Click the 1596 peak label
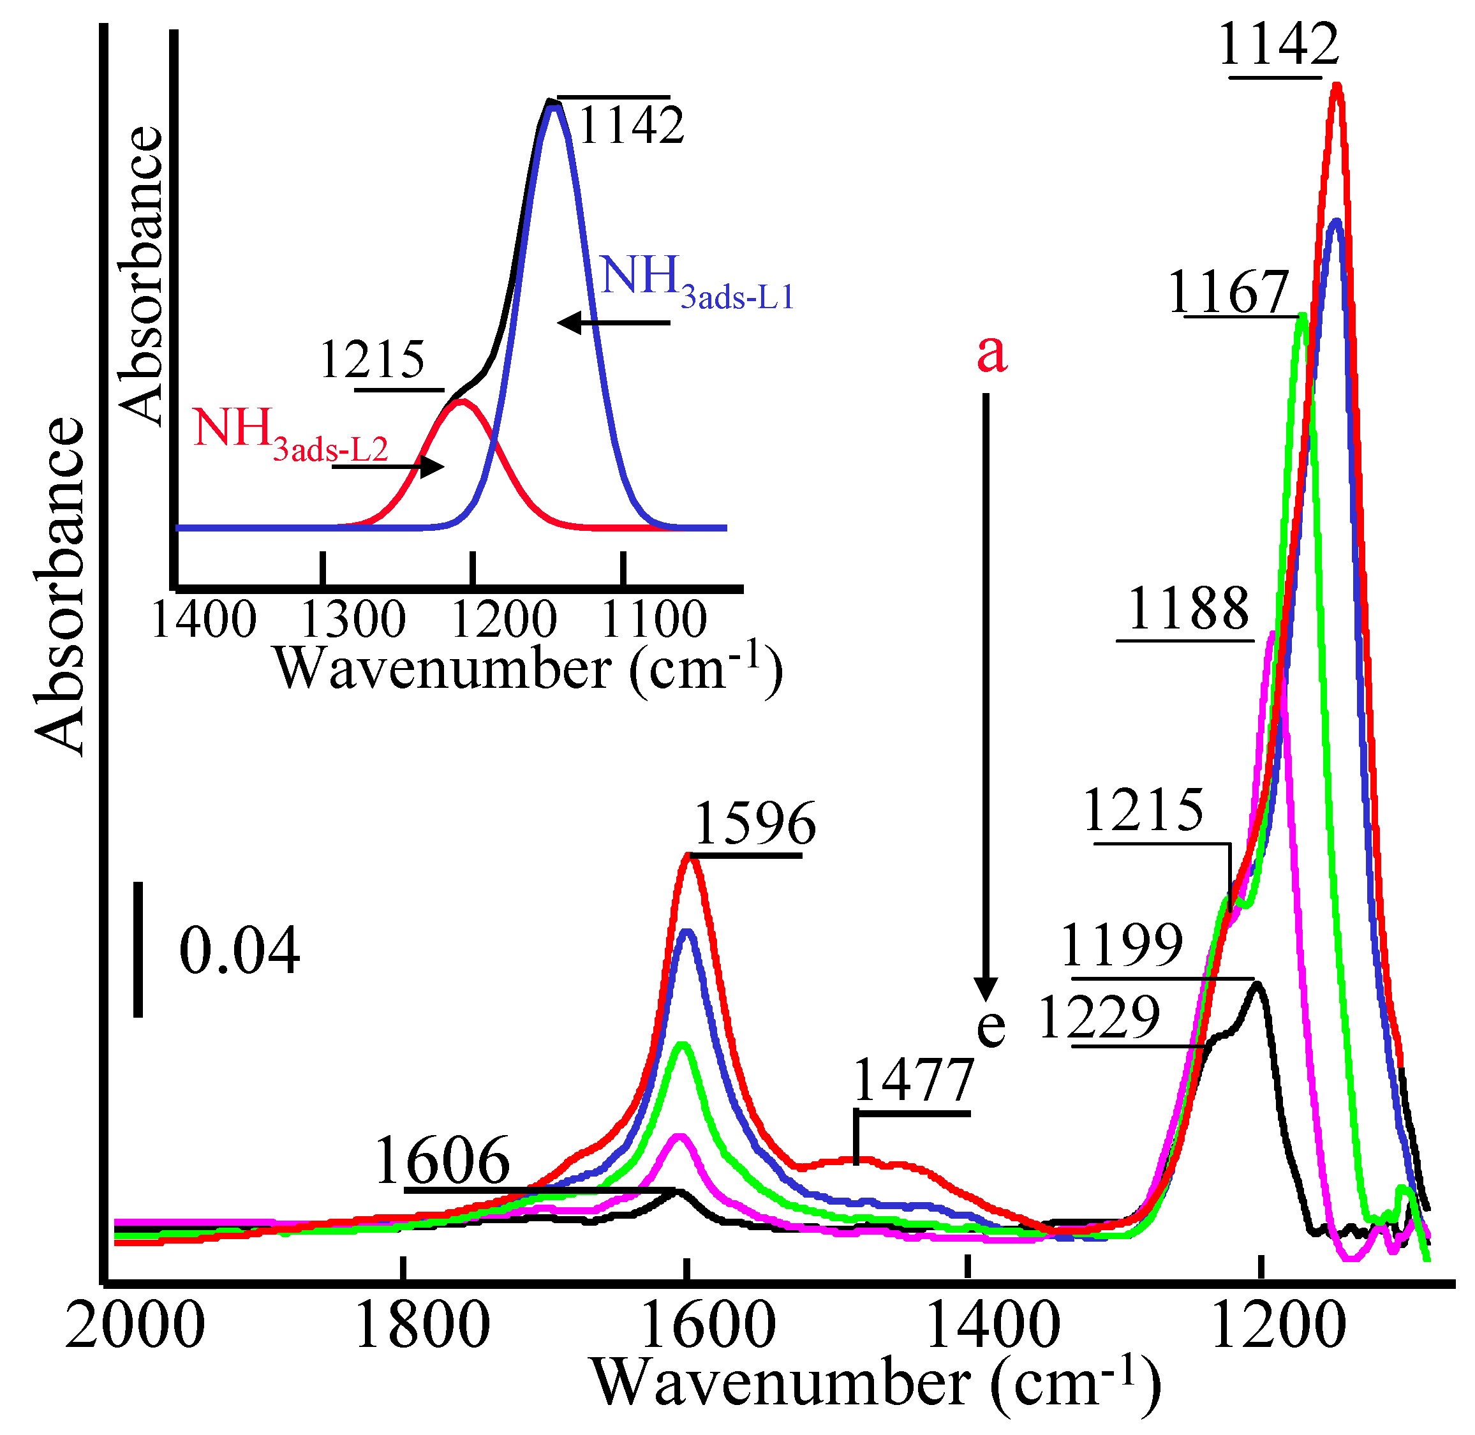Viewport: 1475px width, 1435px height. [x=753, y=824]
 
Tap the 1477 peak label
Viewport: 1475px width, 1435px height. [x=914, y=1081]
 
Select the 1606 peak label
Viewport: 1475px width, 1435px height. [x=442, y=1161]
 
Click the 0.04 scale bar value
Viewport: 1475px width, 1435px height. [x=239, y=952]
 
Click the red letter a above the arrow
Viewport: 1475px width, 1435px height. [x=991, y=353]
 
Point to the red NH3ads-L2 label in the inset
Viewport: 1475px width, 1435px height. [x=290, y=435]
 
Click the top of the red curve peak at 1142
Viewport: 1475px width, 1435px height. [x=1337, y=87]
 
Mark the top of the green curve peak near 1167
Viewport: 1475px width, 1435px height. [x=1301, y=317]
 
